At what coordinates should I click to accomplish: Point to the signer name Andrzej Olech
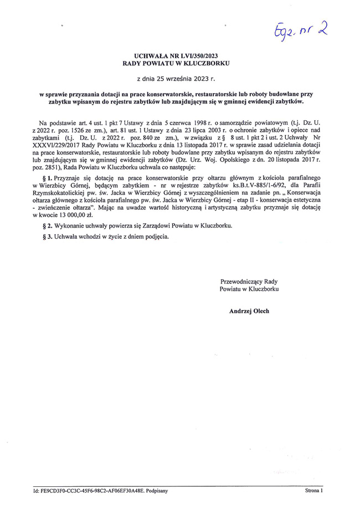tap(249, 311)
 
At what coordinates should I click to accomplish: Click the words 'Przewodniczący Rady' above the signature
tap(249, 281)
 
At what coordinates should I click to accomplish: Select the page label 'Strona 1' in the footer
tap(315, 491)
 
